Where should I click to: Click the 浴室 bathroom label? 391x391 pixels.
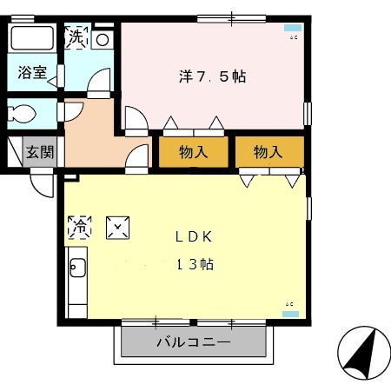(x=34, y=74)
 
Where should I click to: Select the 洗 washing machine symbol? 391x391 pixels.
(x=76, y=37)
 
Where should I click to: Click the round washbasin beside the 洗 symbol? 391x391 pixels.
(x=102, y=39)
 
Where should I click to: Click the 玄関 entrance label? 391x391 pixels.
(x=39, y=152)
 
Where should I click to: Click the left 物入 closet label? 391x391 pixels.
(x=194, y=152)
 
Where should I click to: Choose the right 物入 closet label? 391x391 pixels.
(x=268, y=152)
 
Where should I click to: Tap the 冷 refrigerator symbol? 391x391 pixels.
(x=78, y=228)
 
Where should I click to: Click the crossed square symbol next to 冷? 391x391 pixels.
(x=116, y=228)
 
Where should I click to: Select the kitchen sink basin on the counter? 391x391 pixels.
(x=75, y=268)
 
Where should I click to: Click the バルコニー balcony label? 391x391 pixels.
(x=194, y=342)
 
